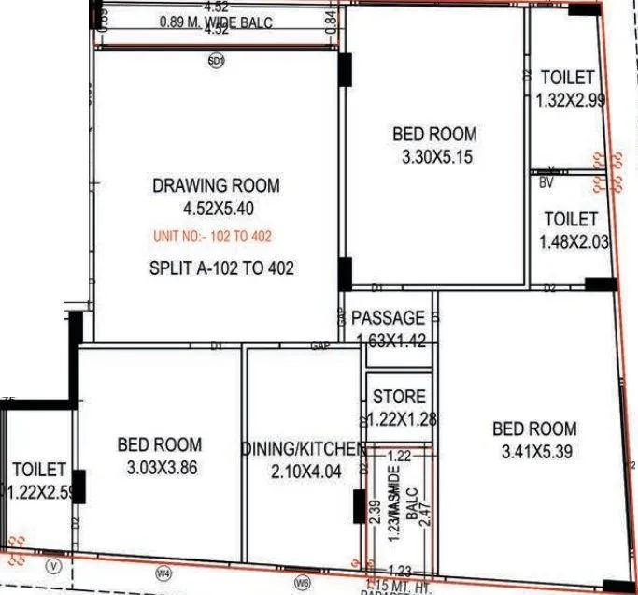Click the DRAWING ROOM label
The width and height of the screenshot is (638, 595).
point(216,186)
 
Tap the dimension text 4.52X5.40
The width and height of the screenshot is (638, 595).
point(216,208)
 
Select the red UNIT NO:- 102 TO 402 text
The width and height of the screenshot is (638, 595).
point(213,237)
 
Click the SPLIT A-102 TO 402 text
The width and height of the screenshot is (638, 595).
point(221,268)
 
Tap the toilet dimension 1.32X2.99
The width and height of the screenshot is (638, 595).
point(570,100)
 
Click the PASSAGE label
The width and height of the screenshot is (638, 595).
point(389,318)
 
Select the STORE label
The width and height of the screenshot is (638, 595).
point(400,397)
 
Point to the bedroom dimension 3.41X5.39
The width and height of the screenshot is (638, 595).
point(534,452)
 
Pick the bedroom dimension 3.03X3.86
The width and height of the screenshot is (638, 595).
point(160,468)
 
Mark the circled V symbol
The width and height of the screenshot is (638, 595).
point(54,565)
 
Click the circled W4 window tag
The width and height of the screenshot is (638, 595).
point(164,573)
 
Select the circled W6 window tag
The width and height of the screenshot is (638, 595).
point(302,582)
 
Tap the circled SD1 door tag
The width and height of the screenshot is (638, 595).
point(217,62)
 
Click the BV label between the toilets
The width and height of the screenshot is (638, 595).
point(546,183)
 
